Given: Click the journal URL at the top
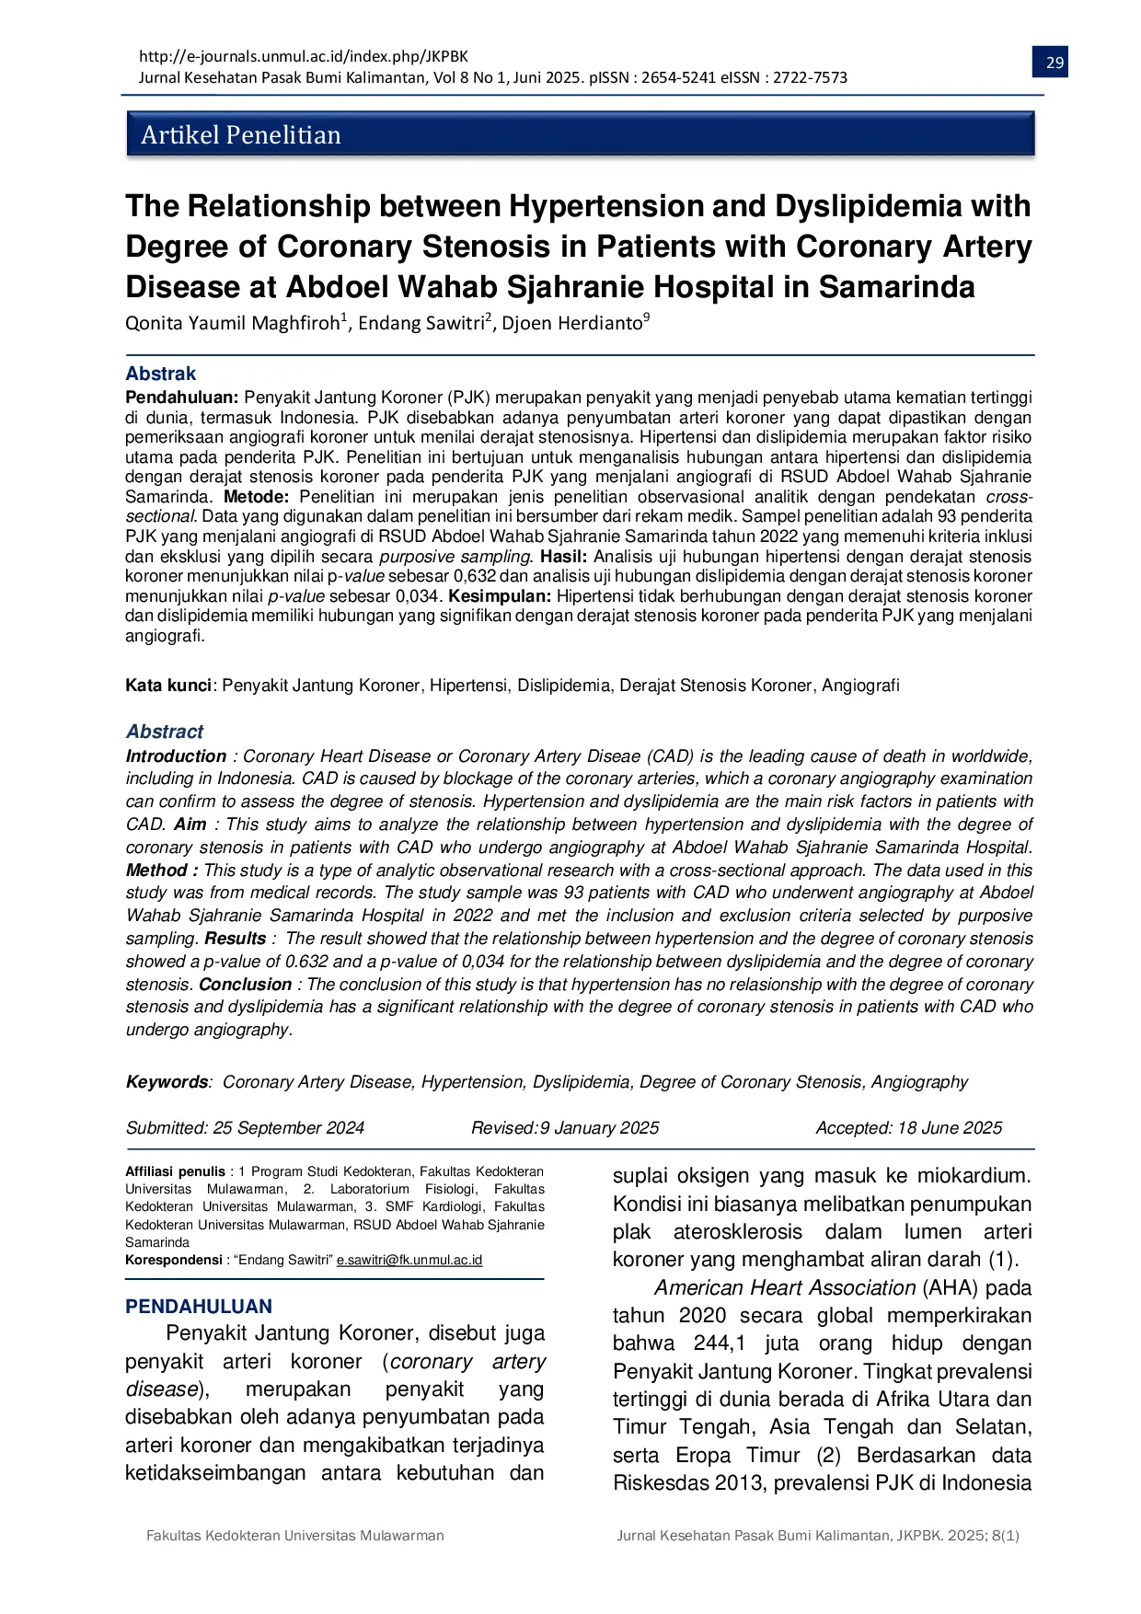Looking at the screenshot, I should pyautogui.click(x=303, y=56).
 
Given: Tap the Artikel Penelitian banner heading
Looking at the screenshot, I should pyautogui.click(x=240, y=135).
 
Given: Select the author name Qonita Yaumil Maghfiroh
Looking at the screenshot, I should pyautogui.click(x=235, y=323).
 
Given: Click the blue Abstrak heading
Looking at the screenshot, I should pyautogui.click(x=160, y=374).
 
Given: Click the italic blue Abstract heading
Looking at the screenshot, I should pyautogui.click(x=164, y=732).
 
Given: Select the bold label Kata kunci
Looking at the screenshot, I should pyautogui.click(x=168, y=686).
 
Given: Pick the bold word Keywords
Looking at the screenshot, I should pyautogui.click(x=167, y=1082).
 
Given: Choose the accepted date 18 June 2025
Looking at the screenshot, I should pyautogui.click(x=949, y=1128).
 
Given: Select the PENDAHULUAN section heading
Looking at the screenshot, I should pyautogui.click(x=199, y=1307).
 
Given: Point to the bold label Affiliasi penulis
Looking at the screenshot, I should pyautogui.click(x=175, y=1171).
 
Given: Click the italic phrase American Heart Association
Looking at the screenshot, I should pyautogui.click(x=784, y=1288).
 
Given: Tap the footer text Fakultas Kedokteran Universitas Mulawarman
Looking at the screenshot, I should pyautogui.click(x=294, y=1536).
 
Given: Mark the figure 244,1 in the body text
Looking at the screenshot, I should pyautogui.click(x=719, y=1344).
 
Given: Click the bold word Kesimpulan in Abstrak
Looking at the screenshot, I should pyautogui.click(x=499, y=596).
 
